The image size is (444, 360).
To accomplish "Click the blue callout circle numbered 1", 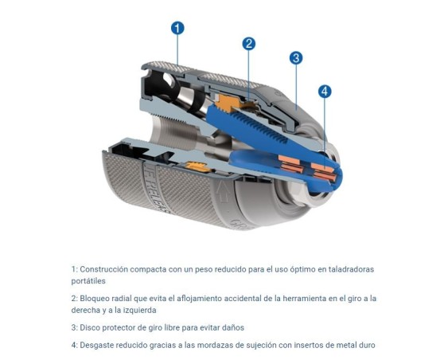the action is [x=177, y=29].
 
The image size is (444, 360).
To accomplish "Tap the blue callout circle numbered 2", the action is [x=249, y=44].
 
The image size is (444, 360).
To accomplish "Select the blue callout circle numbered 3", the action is [x=296, y=58].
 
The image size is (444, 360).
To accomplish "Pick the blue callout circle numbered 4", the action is [x=325, y=92].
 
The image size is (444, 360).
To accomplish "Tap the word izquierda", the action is [x=140, y=311].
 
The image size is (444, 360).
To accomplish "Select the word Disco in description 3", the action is [x=89, y=328].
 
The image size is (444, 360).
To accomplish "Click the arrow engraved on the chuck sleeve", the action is [x=222, y=192].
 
